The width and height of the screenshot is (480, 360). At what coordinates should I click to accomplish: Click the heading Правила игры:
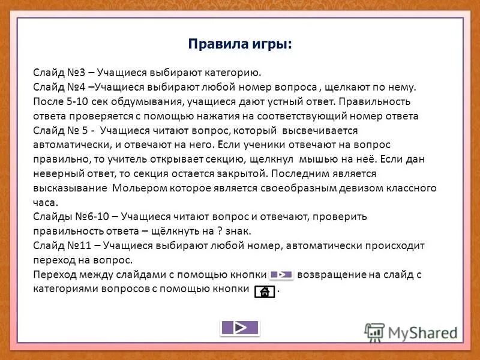click(x=240, y=44)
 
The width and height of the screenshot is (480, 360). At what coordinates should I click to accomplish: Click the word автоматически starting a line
click(x=65, y=145)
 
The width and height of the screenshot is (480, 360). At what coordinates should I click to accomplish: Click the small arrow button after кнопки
click(x=281, y=274)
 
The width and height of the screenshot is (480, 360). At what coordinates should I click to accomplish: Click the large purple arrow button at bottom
click(x=239, y=328)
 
